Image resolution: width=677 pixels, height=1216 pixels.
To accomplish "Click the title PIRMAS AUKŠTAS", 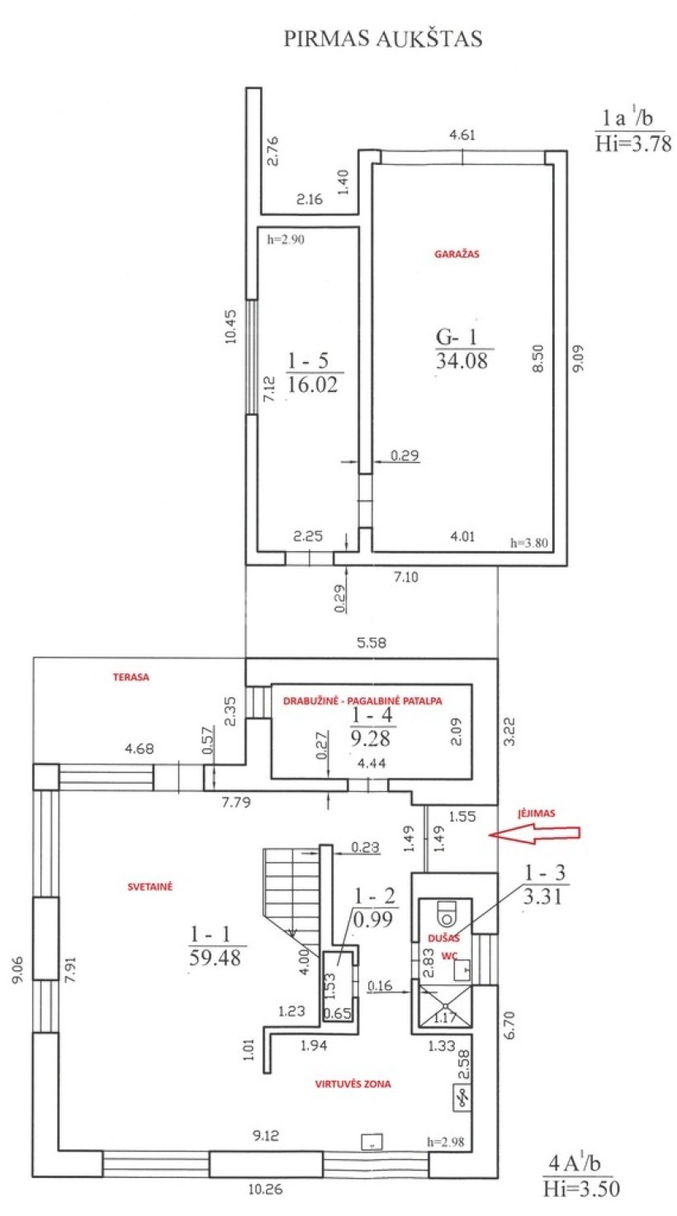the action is point(383,39).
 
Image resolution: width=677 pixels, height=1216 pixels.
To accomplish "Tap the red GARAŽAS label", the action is point(457,253).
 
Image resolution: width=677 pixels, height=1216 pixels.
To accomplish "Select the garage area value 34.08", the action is point(462,361).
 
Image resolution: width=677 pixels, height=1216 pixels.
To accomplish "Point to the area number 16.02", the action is point(312,385).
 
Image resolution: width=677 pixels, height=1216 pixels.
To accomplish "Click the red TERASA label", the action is point(131,677).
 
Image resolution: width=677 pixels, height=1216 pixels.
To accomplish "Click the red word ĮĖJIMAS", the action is point(537,813).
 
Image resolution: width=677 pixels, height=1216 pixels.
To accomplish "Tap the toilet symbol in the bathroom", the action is point(447,913).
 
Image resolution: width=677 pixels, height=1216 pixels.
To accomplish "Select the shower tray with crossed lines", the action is point(444,1006).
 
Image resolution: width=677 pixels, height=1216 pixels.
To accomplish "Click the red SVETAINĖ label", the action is point(150,887).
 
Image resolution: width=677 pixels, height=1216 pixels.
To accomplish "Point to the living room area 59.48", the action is point(215,958).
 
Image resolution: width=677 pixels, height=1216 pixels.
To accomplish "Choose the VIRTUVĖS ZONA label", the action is point(353,1084).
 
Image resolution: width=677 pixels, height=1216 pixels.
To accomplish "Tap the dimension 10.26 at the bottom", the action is point(266,1190).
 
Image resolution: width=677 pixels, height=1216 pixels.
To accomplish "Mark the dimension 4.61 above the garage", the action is point(462,134).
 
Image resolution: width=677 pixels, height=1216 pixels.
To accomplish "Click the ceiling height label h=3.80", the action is point(529,543).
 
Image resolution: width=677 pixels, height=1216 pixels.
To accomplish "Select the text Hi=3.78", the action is point(633,144).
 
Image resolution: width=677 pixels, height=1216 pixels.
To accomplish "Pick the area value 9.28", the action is point(371,739).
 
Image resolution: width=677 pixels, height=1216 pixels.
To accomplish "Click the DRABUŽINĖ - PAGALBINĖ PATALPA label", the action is point(362,701).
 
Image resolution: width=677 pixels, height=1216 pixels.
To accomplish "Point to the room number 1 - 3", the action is point(545,873).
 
